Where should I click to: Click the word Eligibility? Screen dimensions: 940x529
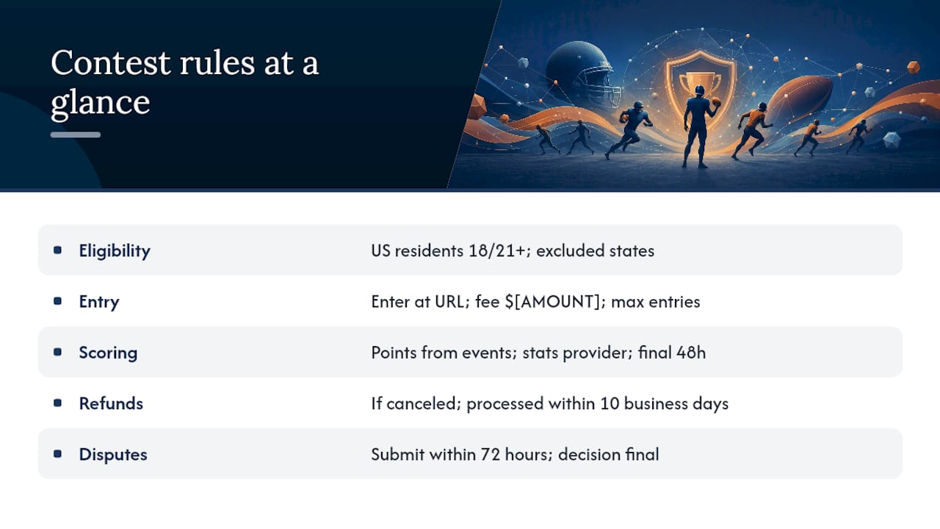[115, 251]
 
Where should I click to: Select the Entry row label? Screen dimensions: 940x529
[99, 302]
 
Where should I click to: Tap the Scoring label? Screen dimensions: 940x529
[108, 353]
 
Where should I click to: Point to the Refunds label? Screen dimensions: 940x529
[111, 403]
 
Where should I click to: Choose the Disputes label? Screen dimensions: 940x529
[113, 454]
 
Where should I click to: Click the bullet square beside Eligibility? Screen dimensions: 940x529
[57, 251]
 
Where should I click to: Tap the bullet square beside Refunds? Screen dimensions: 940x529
[57, 403]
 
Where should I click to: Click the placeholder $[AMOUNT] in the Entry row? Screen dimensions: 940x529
[553, 302]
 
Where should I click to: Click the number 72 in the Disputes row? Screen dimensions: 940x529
[490, 454]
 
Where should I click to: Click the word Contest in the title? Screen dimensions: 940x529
[111, 63]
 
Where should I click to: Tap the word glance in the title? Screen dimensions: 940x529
[101, 103]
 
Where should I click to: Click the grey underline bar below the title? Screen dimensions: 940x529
[76, 134]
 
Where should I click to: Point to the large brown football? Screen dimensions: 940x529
[800, 98]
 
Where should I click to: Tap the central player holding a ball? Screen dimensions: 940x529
[699, 126]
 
